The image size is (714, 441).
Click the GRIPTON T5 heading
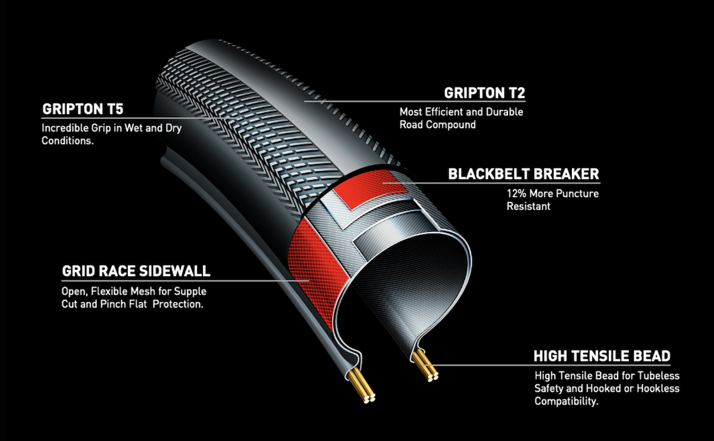coord(83,109)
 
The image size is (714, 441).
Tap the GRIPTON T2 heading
coord(484,93)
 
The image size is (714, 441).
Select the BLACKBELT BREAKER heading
coord(524,174)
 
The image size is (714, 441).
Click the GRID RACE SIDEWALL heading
coord(136,271)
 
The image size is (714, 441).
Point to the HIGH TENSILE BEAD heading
coord(602,356)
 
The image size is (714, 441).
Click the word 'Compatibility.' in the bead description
coord(566,402)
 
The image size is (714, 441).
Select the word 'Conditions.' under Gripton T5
coord(68,141)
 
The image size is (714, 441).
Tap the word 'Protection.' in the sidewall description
coord(178,304)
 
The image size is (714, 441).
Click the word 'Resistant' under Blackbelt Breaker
coord(528,206)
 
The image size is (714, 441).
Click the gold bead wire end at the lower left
coord(369,398)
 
